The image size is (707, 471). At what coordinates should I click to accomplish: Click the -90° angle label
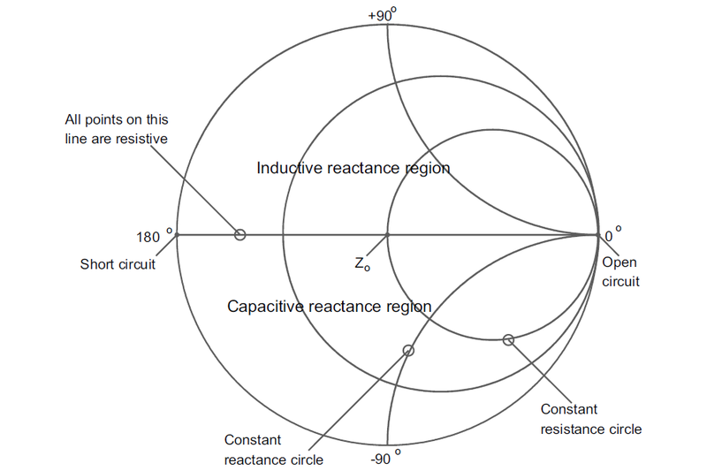(x=386, y=457)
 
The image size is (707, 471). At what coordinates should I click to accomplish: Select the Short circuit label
(x=118, y=264)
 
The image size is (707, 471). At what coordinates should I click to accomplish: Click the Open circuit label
(x=620, y=272)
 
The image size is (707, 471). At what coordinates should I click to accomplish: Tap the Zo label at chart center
(x=361, y=263)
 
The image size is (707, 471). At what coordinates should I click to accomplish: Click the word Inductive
(x=286, y=168)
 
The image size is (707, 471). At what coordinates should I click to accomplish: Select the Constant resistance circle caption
(x=590, y=419)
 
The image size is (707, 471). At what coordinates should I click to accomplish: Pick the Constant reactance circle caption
(x=274, y=450)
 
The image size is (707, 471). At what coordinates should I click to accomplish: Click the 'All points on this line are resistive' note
(x=117, y=129)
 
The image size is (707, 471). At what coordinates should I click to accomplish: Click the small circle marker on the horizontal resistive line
(x=239, y=234)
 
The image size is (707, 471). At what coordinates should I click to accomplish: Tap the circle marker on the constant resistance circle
(x=508, y=340)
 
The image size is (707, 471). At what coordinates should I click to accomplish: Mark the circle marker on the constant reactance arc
(x=408, y=350)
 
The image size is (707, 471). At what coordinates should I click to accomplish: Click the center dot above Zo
(x=387, y=234)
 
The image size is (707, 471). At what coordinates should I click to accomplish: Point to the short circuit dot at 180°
(x=177, y=234)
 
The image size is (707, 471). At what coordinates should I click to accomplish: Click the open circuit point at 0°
(x=597, y=234)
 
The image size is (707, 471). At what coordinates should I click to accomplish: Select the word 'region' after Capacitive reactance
(x=408, y=307)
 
